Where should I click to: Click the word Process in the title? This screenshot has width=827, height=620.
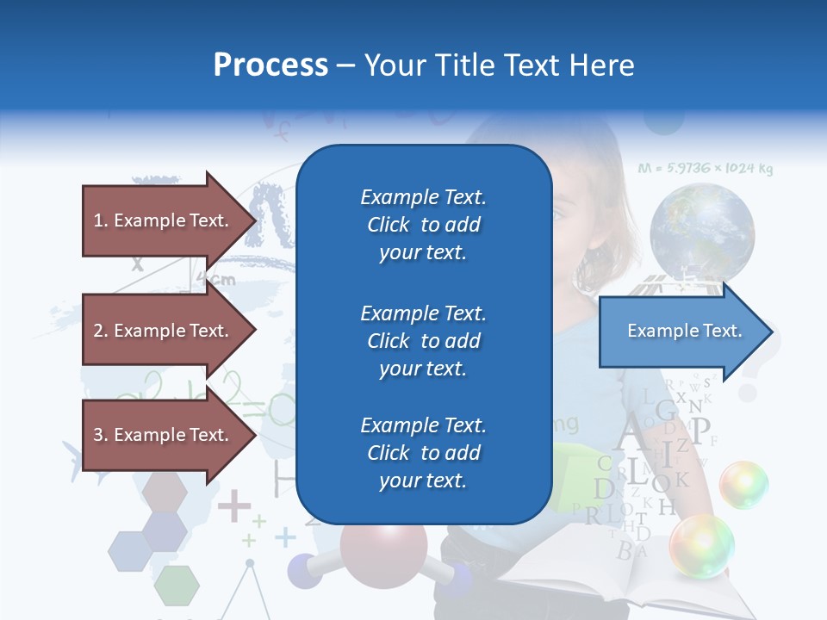point(270,65)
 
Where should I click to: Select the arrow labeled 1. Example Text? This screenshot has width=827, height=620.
point(164,220)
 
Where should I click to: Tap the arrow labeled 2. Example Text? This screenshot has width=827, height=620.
point(164,331)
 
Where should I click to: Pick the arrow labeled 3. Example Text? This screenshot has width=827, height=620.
point(164,435)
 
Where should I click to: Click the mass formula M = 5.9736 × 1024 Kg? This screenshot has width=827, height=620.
point(705,169)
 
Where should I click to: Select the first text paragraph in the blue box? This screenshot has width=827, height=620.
point(423,225)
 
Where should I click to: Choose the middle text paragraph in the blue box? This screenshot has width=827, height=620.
point(423,341)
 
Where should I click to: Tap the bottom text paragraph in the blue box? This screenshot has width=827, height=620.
point(423,453)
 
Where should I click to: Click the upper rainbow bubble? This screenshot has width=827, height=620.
point(743,484)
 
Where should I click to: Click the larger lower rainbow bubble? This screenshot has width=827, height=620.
point(701,546)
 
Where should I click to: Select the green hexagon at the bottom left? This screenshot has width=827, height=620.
point(177,586)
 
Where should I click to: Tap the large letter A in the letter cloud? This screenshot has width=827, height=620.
point(631,431)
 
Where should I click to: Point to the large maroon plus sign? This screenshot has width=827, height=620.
point(233,505)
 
